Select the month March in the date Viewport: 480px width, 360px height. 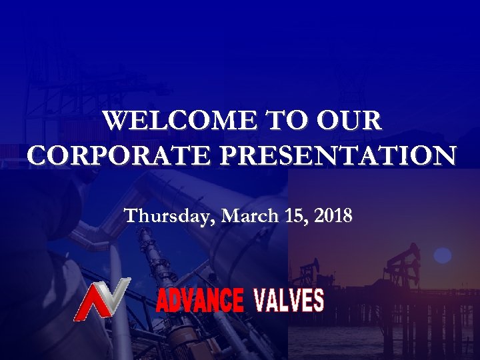pyautogui.click(x=247, y=216)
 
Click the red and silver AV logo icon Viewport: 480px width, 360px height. pyautogui.click(x=101, y=299)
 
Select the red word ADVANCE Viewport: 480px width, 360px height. pyautogui.click(x=199, y=301)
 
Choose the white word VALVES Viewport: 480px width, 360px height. pyautogui.click(x=289, y=301)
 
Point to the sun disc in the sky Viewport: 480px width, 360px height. pyautogui.click(x=443, y=255)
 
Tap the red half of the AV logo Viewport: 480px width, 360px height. pyautogui.click(x=90, y=304)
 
